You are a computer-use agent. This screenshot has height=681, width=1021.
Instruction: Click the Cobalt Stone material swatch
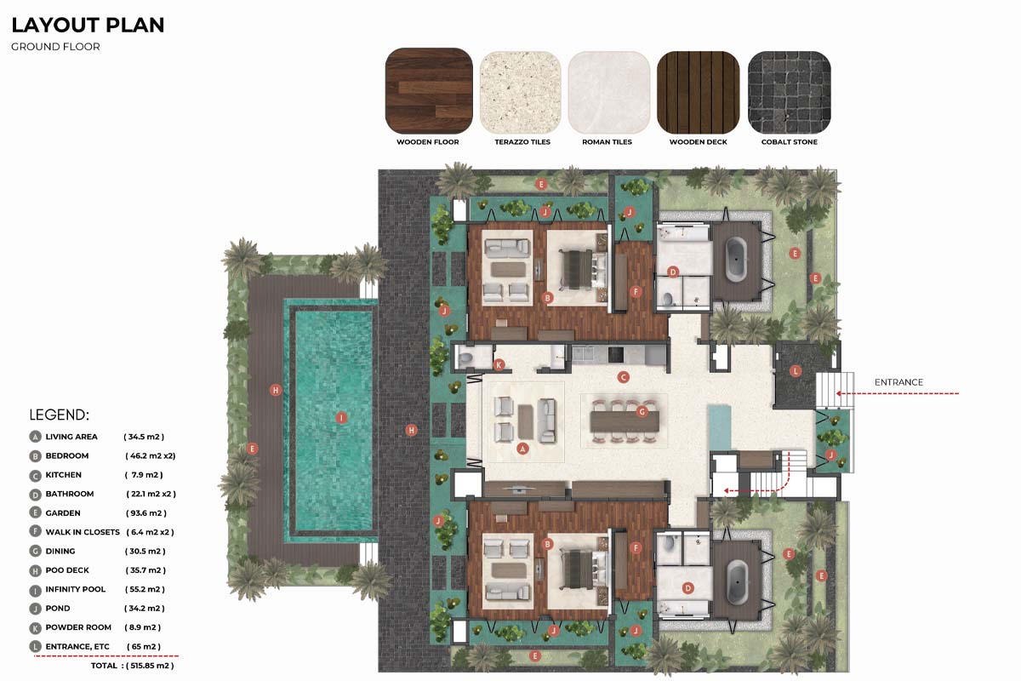[790, 92]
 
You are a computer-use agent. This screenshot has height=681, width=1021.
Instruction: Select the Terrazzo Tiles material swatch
[520, 92]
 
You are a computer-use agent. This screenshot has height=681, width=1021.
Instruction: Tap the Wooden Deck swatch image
[699, 92]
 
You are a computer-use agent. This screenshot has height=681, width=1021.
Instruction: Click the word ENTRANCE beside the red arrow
[898, 382]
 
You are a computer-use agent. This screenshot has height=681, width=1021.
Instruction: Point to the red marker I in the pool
[341, 417]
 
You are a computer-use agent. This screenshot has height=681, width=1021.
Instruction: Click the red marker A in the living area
[522, 449]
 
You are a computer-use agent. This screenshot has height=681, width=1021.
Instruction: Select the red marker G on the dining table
[642, 412]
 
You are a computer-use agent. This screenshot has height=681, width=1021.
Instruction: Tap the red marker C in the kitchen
[623, 377]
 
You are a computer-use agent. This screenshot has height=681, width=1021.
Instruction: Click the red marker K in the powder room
[499, 365]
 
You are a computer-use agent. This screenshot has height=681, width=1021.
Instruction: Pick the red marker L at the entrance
[796, 371]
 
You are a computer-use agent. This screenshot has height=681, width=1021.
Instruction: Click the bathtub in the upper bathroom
[736, 259]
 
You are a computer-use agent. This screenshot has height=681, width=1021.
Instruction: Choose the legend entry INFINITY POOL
[75, 589]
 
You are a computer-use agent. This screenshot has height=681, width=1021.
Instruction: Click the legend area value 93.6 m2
[145, 513]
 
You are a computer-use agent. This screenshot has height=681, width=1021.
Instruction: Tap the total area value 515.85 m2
[150, 666]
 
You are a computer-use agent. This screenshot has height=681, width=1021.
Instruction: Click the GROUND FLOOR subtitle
[55, 47]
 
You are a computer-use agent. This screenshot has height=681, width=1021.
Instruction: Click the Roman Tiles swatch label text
[607, 142]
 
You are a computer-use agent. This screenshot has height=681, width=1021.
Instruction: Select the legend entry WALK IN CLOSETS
[83, 532]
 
